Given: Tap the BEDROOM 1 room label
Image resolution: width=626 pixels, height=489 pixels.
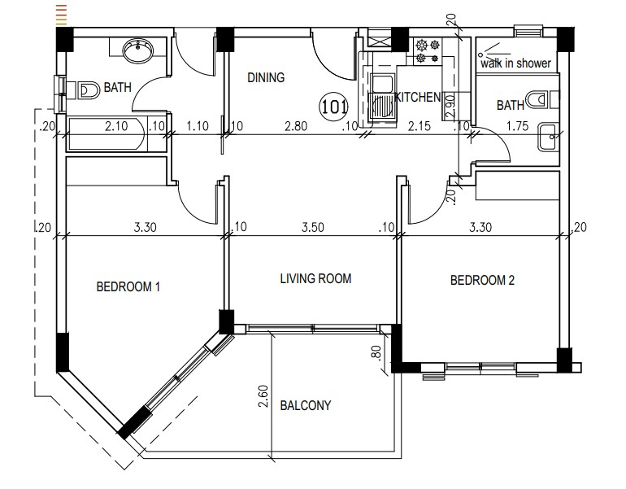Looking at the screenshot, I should (128, 286).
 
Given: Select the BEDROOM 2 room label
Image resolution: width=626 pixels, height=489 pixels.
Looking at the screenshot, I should (483, 281).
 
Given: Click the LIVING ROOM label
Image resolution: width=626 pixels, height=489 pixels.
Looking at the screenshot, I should (315, 279).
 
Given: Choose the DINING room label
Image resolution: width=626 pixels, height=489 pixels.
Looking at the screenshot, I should (266, 78).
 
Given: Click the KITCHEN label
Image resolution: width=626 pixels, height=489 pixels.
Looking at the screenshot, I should (417, 98).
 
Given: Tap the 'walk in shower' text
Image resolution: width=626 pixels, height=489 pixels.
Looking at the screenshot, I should (515, 63).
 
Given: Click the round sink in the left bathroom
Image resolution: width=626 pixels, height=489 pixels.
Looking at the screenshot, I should (138, 53).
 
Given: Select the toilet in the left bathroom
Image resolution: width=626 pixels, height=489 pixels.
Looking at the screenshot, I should (88, 88).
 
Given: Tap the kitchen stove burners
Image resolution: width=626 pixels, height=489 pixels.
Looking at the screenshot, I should (427, 51).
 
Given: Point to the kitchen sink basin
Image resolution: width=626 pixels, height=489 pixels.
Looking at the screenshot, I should (380, 106).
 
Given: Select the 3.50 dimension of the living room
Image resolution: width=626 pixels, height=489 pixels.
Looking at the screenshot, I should (311, 228).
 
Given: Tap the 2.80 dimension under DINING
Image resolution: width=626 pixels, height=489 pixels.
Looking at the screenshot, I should (295, 126).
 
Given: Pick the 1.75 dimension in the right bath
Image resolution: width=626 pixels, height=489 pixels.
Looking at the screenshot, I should (518, 126).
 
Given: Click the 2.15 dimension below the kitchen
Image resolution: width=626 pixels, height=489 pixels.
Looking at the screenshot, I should (418, 126).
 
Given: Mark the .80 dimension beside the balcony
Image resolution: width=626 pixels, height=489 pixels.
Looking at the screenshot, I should (376, 355).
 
